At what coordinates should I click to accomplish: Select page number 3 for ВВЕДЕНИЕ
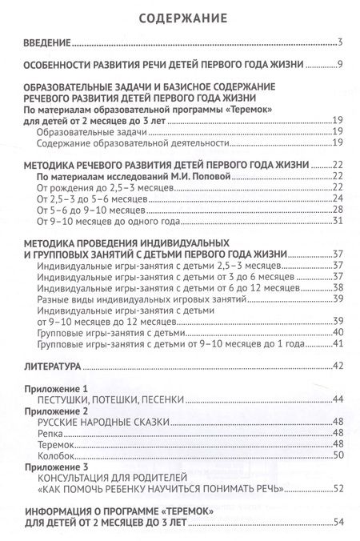point(341,42)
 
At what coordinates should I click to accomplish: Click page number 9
point(340,64)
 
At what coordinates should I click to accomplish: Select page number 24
point(338,198)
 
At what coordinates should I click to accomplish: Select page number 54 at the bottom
point(338,522)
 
